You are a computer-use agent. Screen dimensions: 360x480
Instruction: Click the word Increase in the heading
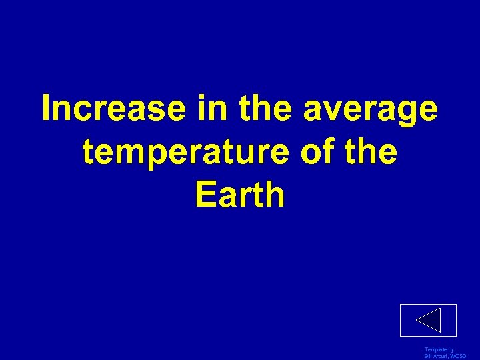point(114,109)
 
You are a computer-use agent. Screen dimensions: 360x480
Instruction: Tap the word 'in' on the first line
point(207,109)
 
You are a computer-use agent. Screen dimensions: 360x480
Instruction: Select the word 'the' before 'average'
point(261,109)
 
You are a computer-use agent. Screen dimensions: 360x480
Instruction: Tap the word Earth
point(240,195)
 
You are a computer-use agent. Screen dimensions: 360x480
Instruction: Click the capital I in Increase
point(46,109)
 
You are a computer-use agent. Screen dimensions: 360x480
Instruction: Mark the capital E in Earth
point(205,195)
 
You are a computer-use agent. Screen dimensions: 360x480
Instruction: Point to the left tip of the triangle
point(417,321)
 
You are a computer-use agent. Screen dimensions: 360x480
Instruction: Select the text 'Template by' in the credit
point(439,350)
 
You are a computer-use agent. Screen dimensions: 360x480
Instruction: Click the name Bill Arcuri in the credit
point(435,357)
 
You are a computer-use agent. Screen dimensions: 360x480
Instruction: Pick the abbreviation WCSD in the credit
point(459,357)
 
